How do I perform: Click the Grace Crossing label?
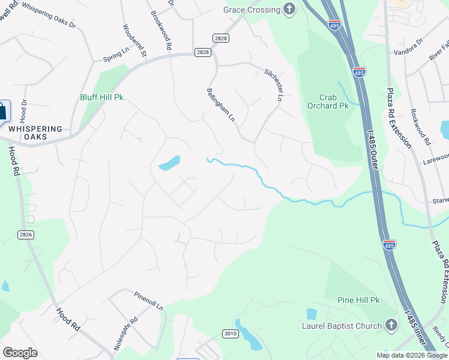252,10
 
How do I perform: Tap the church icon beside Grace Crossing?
290,9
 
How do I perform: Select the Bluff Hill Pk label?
101,97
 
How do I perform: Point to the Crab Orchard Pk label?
334,101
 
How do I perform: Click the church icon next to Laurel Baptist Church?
391,326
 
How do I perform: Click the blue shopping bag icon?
3,111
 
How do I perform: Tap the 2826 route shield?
25,235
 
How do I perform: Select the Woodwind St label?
135,40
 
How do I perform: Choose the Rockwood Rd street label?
420,127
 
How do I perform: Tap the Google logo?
20,353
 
